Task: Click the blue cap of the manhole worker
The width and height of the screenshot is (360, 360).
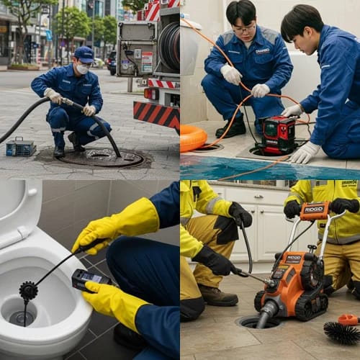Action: (84, 54)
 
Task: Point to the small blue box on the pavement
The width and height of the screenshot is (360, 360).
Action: (21, 147)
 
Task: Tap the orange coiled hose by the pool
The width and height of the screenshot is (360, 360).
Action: (192, 137)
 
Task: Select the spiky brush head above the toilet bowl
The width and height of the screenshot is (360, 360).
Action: (29, 290)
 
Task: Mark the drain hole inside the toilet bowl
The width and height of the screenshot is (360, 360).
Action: (22, 316)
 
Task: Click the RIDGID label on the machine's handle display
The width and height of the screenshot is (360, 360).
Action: (315, 210)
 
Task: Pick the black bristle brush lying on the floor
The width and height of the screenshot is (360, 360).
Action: (343, 333)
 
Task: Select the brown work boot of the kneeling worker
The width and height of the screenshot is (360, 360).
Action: (217, 294)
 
